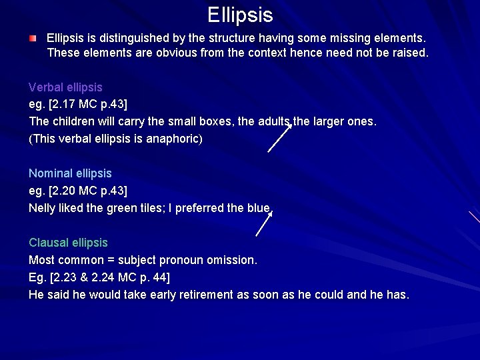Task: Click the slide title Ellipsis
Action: (x=240, y=14)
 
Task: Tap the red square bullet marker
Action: (x=33, y=39)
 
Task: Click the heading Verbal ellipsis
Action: (x=65, y=87)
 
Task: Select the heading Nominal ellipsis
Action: (x=70, y=173)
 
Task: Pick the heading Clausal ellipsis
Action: (x=68, y=243)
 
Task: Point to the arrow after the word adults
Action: (x=280, y=138)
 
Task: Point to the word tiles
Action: (x=156, y=208)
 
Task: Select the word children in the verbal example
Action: (x=73, y=122)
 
